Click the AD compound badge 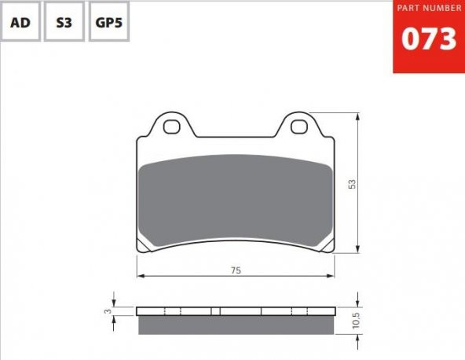click(x=20, y=22)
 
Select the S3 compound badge click(x=64, y=22)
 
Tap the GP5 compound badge click(x=109, y=22)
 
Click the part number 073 click(x=429, y=39)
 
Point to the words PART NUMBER click(x=429, y=8)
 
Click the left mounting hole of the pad click(x=172, y=127)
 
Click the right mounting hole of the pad click(x=299, y=127)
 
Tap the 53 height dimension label click(x=352, y=184)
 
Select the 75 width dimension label click(x=236, y=270)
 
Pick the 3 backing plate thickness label click(x=109, y=311)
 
